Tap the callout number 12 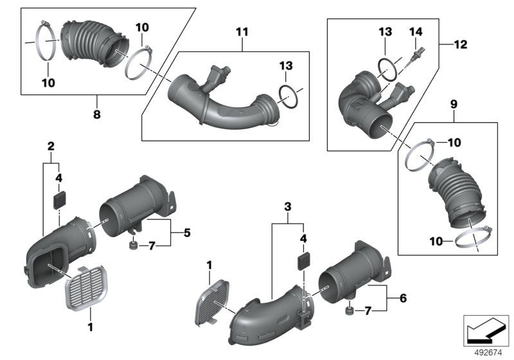pos(460,45)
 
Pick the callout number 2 pos(50,147)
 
